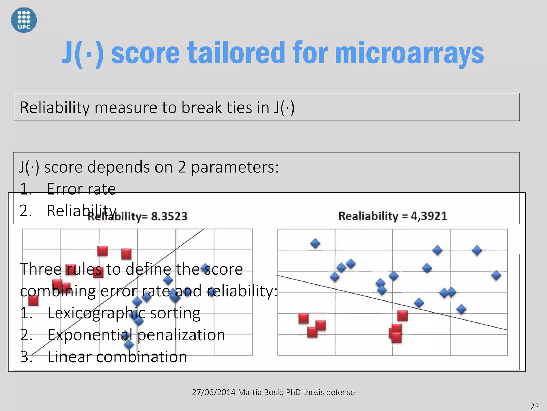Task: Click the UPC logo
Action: [x=24, y=20]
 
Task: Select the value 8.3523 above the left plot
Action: [x=169, y=216]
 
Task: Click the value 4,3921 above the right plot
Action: [x=429, y=216]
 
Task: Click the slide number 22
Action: [x=534, y=406]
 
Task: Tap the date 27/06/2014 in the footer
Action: [x=213, y=392]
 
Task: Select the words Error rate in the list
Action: [x=81, y=189]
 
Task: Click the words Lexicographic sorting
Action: [x=124, y=313]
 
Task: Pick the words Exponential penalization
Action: [x=136, y=335]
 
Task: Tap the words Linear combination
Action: [x=117, y=357]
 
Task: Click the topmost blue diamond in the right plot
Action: [x=315, y=243]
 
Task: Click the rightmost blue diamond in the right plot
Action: [x=496, y=275]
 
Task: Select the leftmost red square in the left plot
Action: [x=33, y=300]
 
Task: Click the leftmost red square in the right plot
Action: [x=303, y=318]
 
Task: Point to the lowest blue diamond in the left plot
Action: [x=129, y=345]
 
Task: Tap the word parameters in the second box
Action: [x=235, y=167]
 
